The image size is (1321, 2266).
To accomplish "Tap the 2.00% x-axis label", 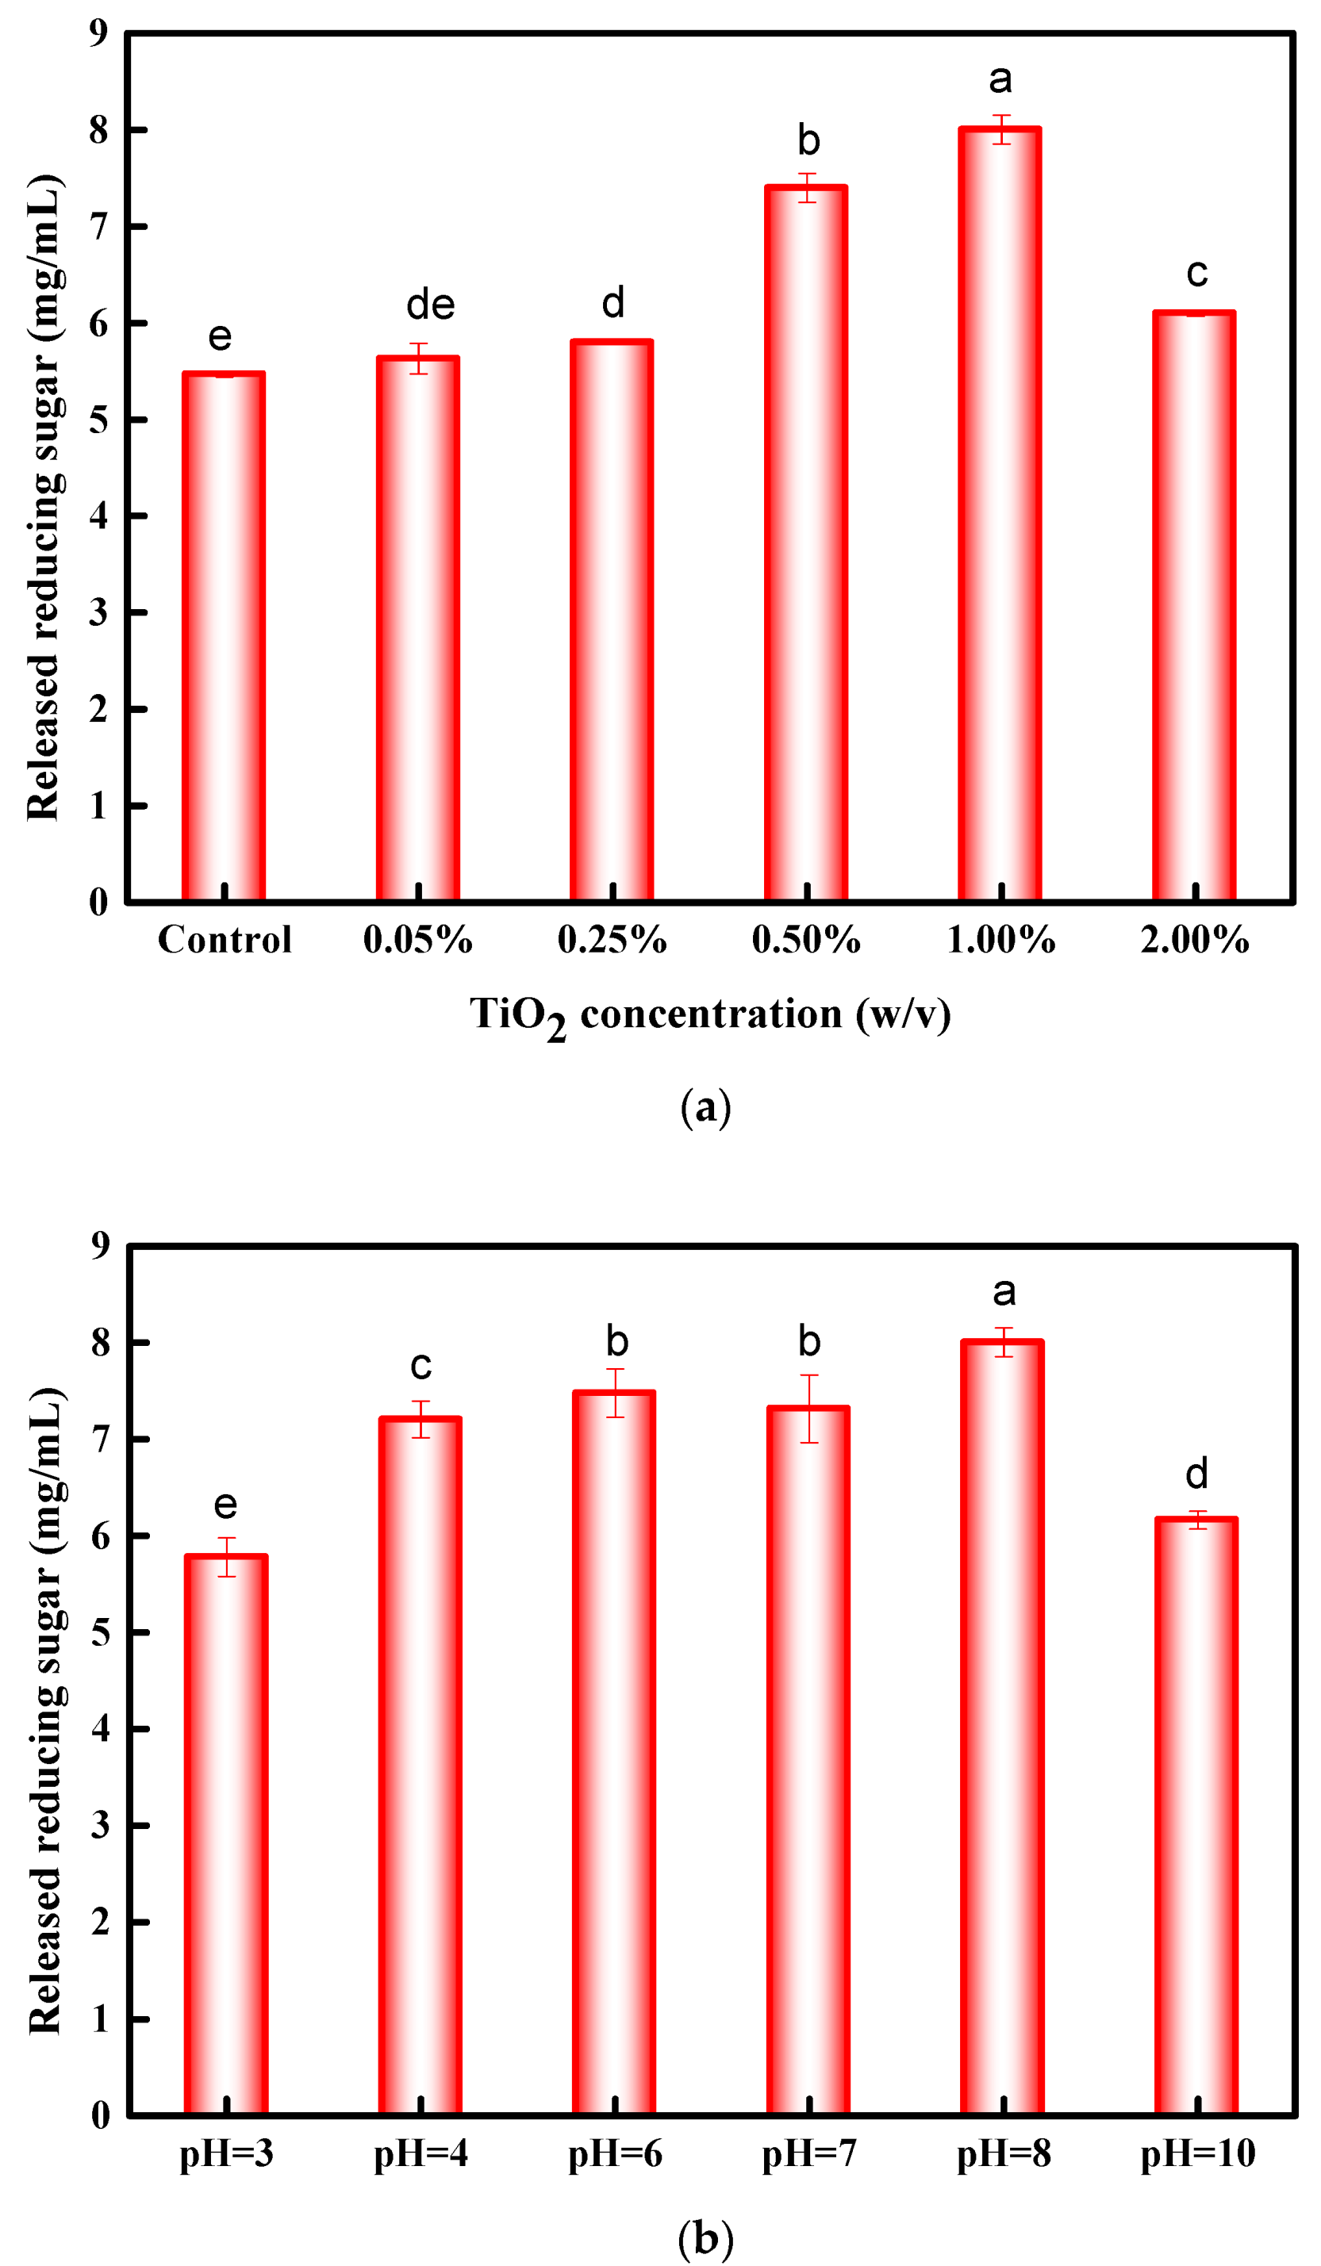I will pos(1194,941).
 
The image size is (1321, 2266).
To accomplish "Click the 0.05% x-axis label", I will pos(418,941).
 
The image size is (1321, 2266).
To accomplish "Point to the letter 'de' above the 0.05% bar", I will pos(430,305).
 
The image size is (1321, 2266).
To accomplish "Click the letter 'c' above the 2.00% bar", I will pos(1196,273).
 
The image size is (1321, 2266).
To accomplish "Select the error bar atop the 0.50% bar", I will pos(807,187).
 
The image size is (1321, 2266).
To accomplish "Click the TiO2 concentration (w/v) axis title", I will pos(709,1016).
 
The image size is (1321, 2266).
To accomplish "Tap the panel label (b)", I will pos(705,2238).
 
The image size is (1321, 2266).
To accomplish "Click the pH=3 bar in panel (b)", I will pos(225,1835).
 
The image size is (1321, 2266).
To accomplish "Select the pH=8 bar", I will pos(1002,1727).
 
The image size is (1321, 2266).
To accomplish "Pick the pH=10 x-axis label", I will pos(1197,2153).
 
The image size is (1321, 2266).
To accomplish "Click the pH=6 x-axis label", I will pos(615,2153).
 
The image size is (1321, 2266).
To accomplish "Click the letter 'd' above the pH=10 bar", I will pos(1196,1474).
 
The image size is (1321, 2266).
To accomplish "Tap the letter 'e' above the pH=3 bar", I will pos(225,1505).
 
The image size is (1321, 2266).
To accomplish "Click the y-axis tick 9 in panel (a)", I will pos(98,33).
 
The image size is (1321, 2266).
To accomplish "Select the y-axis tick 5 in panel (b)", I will pos(100,1632).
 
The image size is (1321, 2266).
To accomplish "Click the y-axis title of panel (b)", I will pos(45,1708).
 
